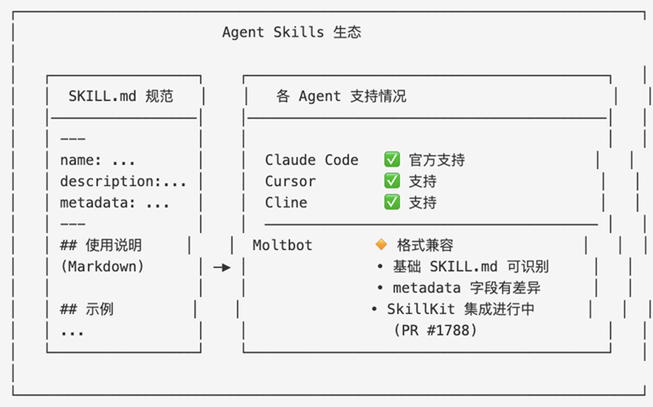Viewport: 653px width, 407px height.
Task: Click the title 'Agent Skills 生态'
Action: click(x=292, y=32)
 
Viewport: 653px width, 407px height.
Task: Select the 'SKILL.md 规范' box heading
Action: click(x=120, y=96)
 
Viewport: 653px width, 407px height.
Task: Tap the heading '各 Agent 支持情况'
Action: click(x=341, y=96)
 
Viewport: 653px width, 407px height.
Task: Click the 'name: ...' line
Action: click(x=97, y=160)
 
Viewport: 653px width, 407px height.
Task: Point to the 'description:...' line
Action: click(x=123, y=181)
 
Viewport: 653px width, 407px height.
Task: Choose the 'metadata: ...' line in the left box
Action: click(x=115, y=203)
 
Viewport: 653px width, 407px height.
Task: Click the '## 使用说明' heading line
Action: click(x=101, y=245)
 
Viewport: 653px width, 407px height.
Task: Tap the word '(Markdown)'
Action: click(x=102, y=267)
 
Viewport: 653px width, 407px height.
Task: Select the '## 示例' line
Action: click(x=87, y=309)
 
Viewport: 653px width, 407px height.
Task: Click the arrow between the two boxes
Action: click(x=222, y=267)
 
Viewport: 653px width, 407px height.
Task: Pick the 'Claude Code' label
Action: click(x=311, y=160)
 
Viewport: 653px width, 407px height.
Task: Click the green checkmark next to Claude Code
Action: click(x=392, y=160)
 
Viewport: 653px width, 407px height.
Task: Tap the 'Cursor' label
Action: click(x=290, y=181)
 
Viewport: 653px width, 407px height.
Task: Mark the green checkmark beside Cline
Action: click(x=392, y=202)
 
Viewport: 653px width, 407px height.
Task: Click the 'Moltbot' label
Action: click(x=282, y=245)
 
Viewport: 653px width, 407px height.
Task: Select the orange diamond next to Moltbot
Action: click(x=381, y=245)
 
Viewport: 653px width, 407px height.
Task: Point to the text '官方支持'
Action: click(x=437, y=160)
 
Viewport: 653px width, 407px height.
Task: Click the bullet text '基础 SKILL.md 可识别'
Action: click(x=471, y=267)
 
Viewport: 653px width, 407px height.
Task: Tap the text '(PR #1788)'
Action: click(x=435, y=330)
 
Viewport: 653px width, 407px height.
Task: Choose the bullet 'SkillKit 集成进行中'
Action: click(x=460, y=309)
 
